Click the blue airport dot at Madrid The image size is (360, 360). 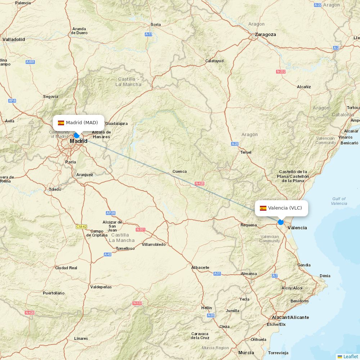click(76, 135)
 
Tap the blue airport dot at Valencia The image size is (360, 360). click(281, 222)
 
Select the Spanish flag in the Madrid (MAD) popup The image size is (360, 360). click(61, 123)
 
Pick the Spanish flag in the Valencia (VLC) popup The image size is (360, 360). click(263, 208)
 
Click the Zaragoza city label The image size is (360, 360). click(265, 35)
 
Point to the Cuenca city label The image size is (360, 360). click(180, 171)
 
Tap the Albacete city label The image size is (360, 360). click(200, 267)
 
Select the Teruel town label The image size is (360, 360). click(246, 152)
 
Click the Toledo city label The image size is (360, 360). click(55, 189)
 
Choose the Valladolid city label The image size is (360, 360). click(14, 39)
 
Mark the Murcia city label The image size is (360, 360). click(246, 352)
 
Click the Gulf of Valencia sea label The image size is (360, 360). click(339, 201)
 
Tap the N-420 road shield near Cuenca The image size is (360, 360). click(200, 184)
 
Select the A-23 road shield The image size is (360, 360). click(235, 144)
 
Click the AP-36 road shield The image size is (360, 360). click(111, 213)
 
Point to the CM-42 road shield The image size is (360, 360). click(81, 226)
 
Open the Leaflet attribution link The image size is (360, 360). click(351, 356)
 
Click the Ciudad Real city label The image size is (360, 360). click(66, 268)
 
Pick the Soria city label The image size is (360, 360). click(156, 24)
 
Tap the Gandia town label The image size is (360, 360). click(304, 265)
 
